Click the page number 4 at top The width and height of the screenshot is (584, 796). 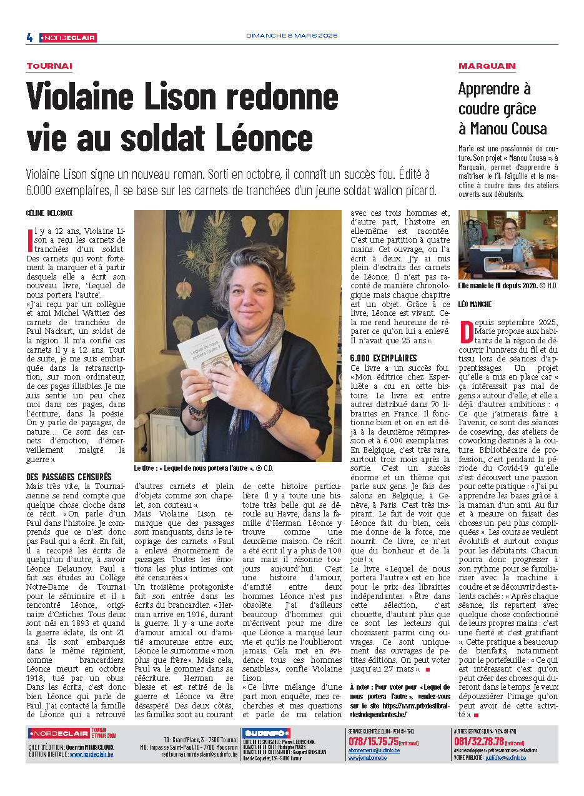pos(29,38)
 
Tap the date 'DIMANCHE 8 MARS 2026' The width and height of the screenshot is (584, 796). pos(291,36)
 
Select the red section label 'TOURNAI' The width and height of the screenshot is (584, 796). pos(49,66)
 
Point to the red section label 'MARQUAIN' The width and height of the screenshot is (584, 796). pos(487,66)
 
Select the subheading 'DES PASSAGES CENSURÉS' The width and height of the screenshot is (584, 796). pos(69,476)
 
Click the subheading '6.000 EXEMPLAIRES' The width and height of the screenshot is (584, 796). pos(384,358)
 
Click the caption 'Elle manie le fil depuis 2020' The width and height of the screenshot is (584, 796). pos(497,286)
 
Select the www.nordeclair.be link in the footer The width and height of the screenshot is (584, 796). pos(91,755)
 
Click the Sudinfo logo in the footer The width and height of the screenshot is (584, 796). pos(267,733)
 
